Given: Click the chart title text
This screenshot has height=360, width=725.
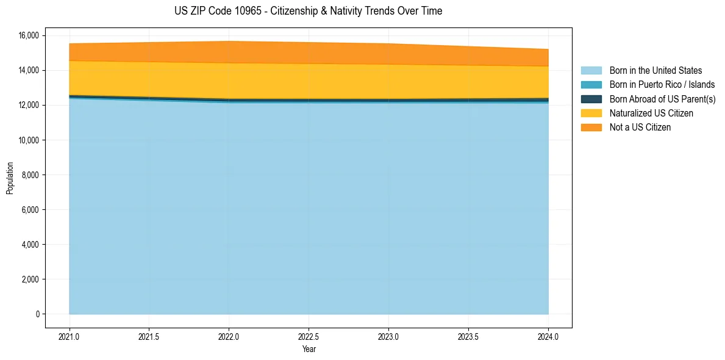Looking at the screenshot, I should tap(308, 11).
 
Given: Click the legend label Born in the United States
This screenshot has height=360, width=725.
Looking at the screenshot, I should tap(655, 71).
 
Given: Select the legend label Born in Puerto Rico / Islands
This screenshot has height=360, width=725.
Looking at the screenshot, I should tap(662, 85).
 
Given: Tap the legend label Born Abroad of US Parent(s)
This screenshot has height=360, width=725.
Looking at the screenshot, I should tap(662, 99).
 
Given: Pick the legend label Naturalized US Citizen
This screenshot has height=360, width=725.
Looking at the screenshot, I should tap(651, 113).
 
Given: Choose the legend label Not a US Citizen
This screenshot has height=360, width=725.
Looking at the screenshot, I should tap(640, 128).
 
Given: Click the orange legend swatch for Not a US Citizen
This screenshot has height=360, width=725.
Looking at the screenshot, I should tap(591, 128).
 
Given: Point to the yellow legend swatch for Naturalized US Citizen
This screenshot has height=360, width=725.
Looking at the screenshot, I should tap(591, 113).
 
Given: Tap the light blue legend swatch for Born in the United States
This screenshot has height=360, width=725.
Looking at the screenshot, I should tap(591, 71).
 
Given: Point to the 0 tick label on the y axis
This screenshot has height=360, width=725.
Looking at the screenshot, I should tap(37, 314).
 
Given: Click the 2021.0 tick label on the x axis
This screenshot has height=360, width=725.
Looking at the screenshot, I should tap(70, 336).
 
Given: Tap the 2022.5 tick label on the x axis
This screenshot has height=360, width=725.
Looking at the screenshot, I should tap(309, 336).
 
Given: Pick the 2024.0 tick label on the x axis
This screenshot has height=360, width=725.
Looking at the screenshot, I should tap(548, 336).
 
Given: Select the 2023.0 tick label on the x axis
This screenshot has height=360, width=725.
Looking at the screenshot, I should tap(388, 336).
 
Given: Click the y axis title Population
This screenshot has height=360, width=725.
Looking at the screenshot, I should tap(10, 178).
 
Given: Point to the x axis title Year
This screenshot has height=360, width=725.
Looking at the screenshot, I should tap(309, 349).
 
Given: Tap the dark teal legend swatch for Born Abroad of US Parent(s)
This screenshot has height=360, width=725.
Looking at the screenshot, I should tap(591, 99).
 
